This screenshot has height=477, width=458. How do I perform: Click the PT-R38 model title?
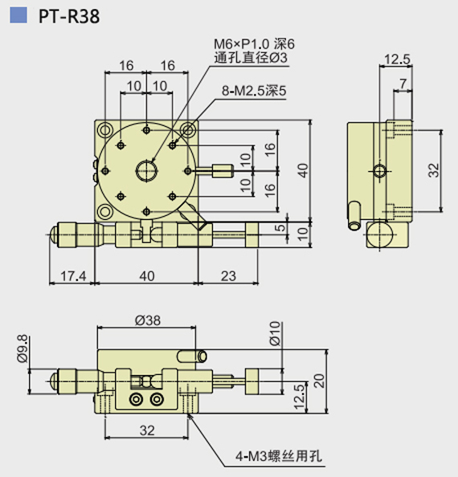coord(69,16)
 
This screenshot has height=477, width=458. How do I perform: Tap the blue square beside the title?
coord(18,15)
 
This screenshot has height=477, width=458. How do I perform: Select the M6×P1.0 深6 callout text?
coord(254,44)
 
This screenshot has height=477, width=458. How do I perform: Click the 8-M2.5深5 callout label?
coord(254,91)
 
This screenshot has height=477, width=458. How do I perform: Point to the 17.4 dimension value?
coord(73,276)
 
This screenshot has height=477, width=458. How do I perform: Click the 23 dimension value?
coord(228,276)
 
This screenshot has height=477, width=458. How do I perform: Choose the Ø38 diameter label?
coord(148,320)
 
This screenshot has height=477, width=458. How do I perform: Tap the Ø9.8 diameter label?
coord(22,349)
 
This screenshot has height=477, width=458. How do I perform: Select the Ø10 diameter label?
coord(275,333)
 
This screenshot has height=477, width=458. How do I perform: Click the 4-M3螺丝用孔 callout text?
coord(279,456)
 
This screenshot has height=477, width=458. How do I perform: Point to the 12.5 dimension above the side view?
coord(398,59)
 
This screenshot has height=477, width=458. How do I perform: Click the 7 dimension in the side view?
coord(403,83)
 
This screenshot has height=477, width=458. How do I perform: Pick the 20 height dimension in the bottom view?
coord(319,381)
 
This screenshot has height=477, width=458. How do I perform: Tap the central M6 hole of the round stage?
coord(146,171)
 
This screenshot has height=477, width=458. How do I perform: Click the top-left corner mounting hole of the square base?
coord(104,131)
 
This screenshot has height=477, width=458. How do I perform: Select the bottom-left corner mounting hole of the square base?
coord(104,211)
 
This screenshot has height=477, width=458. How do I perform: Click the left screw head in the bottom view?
coord(136,399)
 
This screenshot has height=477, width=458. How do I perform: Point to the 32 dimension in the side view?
coord(434,170)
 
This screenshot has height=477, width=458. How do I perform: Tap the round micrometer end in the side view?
coord(379,234)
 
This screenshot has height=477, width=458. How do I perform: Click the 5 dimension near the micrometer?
coord(281,227)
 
